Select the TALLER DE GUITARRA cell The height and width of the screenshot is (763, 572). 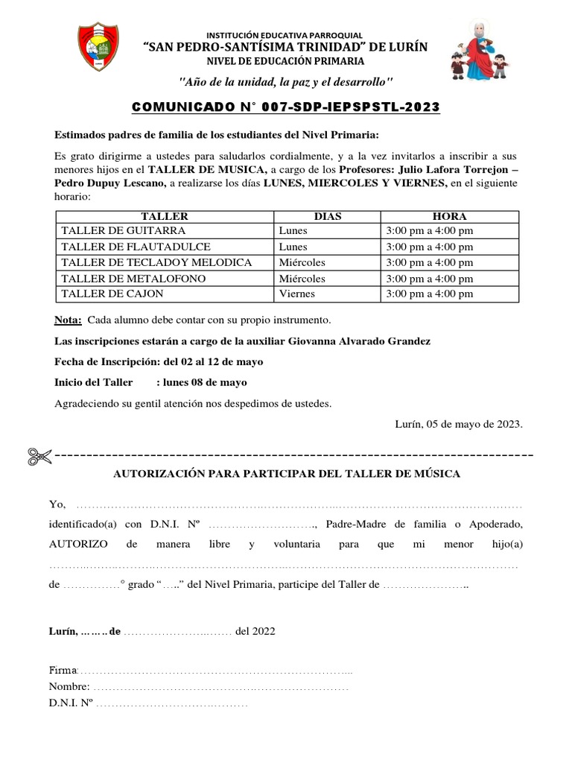(x=113, y=231)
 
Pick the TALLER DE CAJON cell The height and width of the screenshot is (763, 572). (x=104, y=294)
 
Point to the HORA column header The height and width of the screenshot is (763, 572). (x=449, y=216)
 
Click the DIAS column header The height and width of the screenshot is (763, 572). (x=328, y=216)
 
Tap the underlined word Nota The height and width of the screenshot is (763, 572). (x=69, y=320)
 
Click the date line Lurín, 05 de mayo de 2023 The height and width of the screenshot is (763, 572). (x=459, y=424)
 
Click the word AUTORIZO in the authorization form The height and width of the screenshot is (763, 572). (x=78, y=544)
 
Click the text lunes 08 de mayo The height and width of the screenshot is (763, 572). (x=203, y=382)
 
